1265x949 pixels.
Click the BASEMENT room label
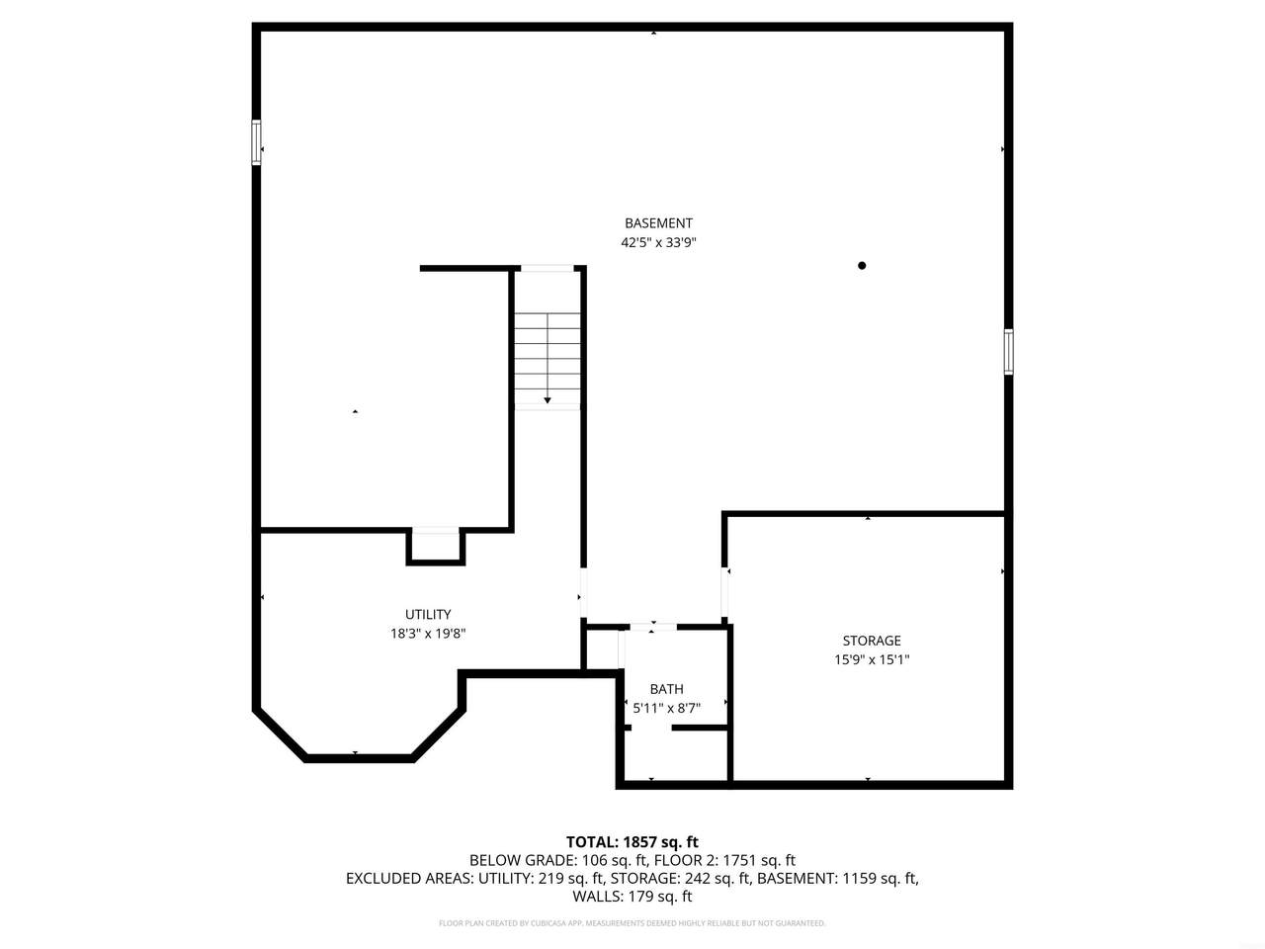(x=658, y=223)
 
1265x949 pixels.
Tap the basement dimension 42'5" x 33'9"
(x=658, y=242)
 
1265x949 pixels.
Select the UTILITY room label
(x=428, y=614)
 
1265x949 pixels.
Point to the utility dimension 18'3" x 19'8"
(x=428, y=634)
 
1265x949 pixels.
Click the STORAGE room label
(x=872, y=641)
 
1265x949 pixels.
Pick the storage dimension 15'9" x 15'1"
(x=872, y=659)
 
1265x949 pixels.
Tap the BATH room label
(x=667, y=689)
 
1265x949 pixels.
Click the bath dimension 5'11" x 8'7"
(x=667, y=708)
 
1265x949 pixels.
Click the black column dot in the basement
(x=862, y=266)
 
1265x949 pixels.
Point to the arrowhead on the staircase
(x=547, y=400)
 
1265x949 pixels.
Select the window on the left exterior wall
(x=256, y=142)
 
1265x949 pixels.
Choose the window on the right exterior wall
(x=1009, y=352)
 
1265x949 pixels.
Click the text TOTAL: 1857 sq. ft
(x=632, y=842)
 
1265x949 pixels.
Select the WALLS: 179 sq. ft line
(x=632, y=897)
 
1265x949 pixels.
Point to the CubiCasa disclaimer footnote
(x=632, y=923)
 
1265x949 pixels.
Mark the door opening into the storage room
(x=724, y=592)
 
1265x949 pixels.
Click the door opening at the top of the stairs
(x=547, y=268)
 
